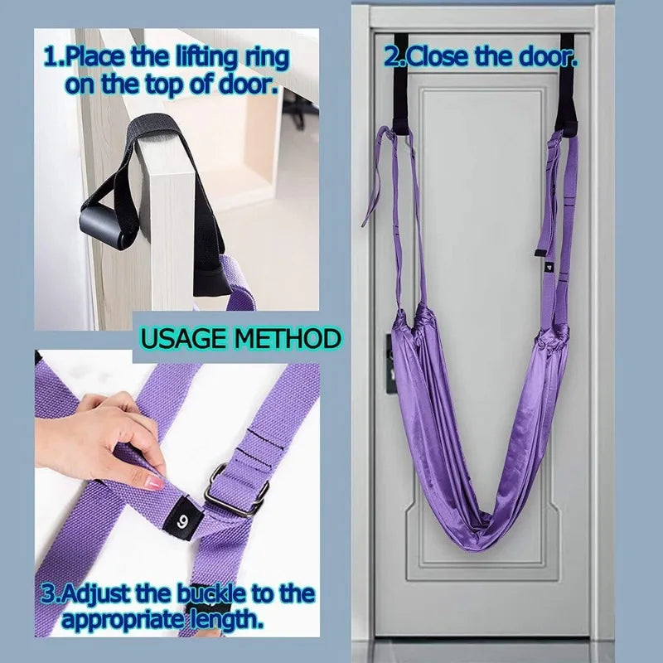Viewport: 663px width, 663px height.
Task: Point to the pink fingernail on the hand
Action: tap(154, 482)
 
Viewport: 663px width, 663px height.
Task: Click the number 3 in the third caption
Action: tap(47, 594)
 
